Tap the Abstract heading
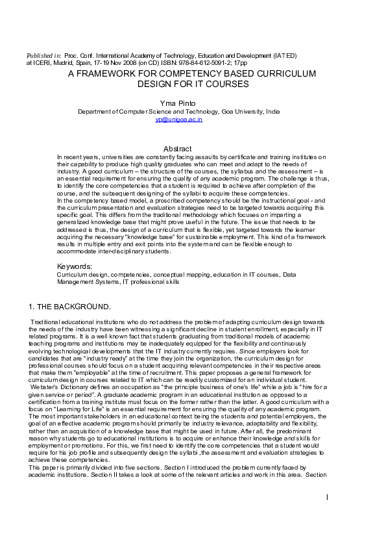click(177, 149)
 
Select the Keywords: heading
click(75, 266)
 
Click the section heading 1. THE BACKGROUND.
click(70, 306)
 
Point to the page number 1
click(328, 497)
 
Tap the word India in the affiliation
click(272, 111)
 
